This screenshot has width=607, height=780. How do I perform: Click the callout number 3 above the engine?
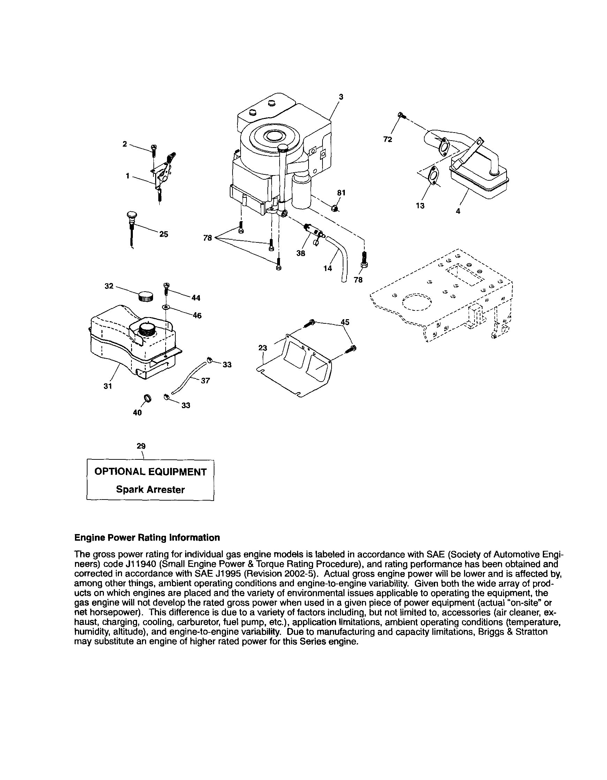[341, 97]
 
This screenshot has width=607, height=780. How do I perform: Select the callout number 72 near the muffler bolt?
[388, 140]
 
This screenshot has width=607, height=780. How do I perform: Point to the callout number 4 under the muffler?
[458, 211]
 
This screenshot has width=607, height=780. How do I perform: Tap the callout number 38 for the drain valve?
[301, 253]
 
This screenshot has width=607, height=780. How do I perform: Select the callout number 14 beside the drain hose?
[328, 268]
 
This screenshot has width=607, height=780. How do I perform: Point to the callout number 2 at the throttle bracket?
[124, 144]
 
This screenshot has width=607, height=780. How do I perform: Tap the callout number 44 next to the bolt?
[196, 298]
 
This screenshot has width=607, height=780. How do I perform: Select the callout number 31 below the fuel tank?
[108, 386]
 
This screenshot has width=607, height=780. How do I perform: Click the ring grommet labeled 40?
[147, 398]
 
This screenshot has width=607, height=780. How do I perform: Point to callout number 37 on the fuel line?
[205, 381]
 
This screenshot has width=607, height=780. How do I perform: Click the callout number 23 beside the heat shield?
[262, 348]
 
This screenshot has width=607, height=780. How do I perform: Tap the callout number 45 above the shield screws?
[345, 322]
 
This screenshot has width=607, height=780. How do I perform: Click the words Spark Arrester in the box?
[150, 489]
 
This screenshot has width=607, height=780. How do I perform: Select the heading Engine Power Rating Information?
[147, 538]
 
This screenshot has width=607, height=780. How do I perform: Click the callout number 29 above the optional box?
[141, 446]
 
